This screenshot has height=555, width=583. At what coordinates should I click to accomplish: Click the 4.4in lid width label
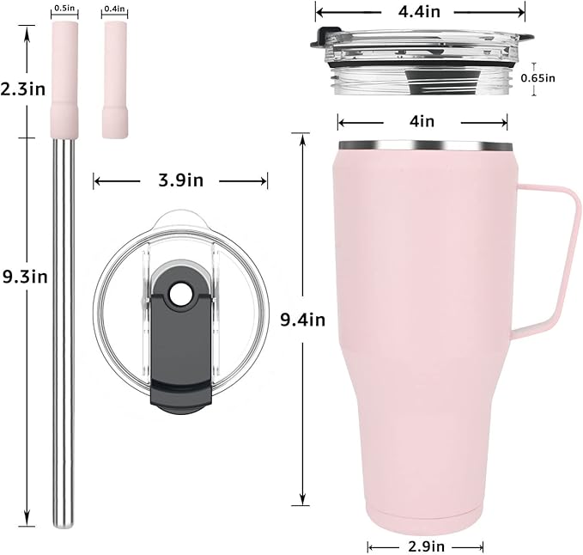pos(419,12)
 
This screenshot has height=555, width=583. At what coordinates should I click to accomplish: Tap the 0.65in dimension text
pos(537,78)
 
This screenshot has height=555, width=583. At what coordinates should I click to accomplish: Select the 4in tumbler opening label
pos(422,121)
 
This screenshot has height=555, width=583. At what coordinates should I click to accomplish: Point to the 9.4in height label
pos(302,320)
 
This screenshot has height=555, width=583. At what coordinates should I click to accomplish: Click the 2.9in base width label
pos(426,546)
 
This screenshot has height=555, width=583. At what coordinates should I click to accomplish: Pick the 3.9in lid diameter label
pos(181,180)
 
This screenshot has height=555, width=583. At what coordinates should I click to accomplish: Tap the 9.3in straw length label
pos(25,277)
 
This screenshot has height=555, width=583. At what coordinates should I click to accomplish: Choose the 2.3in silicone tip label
pos(23,89)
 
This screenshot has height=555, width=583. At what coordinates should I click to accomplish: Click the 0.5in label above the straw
pos(64,8)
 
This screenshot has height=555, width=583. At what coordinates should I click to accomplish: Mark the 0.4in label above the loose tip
pos(114,9)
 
